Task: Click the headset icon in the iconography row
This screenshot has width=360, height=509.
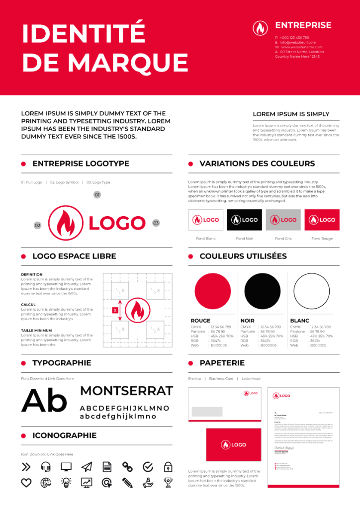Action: (46, 467)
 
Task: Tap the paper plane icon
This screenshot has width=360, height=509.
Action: (87, 467)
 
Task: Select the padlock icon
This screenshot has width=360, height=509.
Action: (168, 467)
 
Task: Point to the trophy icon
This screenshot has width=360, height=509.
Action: (168, 482)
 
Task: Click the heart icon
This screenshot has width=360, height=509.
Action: (26, 482)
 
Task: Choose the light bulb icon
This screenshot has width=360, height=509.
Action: (66, 482)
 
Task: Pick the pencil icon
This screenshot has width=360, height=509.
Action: (127, 482)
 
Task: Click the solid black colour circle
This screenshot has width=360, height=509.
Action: (262, 291)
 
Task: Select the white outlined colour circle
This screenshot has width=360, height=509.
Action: (312, 291)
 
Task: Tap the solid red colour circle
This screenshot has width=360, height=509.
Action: (213, 291)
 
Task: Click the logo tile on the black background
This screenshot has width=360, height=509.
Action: (244, 220)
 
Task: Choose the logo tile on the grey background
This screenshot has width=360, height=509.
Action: (283, 220)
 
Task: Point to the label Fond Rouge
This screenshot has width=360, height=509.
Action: (322, 239)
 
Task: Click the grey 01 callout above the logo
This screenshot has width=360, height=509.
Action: (97, 195)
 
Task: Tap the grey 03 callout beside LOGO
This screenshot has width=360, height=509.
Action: (156, 223)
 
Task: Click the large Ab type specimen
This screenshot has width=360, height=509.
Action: (44, 401)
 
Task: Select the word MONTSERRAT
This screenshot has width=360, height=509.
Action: (126, 391)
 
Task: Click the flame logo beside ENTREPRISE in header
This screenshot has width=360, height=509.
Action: (260, 28)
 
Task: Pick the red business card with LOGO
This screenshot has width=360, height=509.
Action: (233, 445)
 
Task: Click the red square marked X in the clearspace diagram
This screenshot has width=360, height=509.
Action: (115, 311)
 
